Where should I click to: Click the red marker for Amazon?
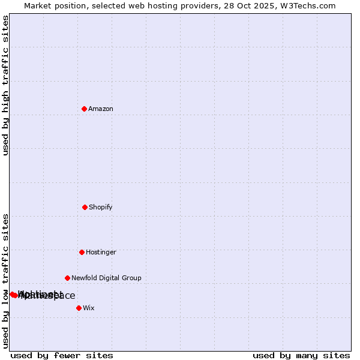(x=84, y=109)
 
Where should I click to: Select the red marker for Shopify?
(x=85, y=207)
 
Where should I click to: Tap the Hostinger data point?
(x=82, y=252)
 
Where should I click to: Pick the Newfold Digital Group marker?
(x=67, y=278)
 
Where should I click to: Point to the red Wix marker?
(x=79, y=308)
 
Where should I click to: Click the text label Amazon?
(x=101, y=109)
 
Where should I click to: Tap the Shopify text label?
(x=101, y=207)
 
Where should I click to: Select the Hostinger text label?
(x=101, y=252)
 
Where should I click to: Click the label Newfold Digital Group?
(x=106, y=278)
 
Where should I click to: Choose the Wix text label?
(x=89, y=308)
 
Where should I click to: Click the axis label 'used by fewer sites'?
(x=62, y=355)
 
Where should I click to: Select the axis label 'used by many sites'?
(x=301, y=355)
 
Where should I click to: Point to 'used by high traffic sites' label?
(x=5, y=86)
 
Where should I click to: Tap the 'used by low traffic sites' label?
(x=5, y=281)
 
